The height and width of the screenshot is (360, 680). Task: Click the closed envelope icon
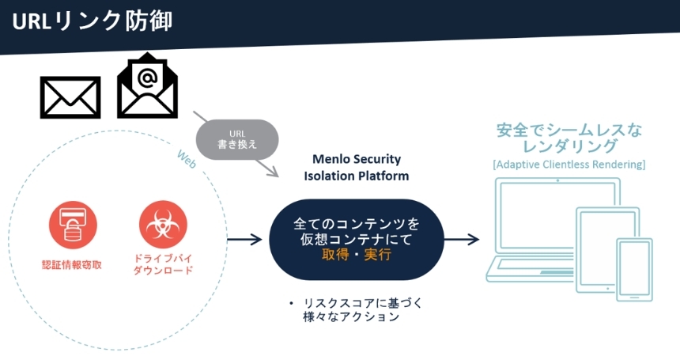click(x=70, y=97)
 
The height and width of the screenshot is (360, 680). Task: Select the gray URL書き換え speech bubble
click(x=237, y=140)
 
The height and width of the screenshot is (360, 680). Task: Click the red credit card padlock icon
click(x=73, y=225)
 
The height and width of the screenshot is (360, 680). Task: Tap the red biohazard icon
click(x=163, y=225)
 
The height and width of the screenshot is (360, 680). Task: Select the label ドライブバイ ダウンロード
click(x=163, y=264)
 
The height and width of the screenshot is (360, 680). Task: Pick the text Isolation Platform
click(x=356, y=176)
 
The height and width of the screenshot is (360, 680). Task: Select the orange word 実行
click(x=377, y=255)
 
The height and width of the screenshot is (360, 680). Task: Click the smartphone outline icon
click(x=634, y=269)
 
